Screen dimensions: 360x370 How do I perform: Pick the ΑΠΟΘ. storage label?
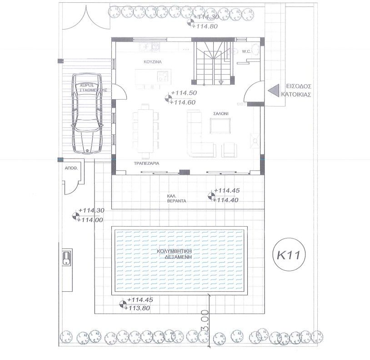(72, 168)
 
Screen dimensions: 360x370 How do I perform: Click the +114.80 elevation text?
(205, 26)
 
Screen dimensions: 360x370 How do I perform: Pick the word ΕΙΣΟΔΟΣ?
(298, 86)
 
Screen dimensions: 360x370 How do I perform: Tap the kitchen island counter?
(153, 79)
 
